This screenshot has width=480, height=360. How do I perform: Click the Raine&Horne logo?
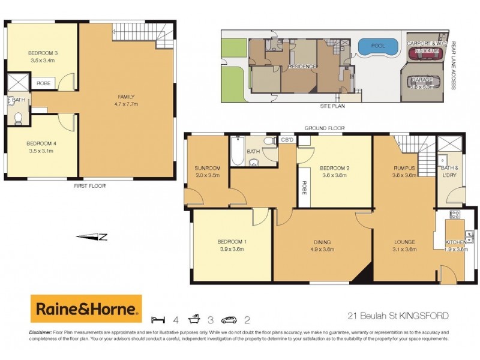(86, 309)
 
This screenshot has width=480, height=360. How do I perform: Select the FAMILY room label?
(126, 96)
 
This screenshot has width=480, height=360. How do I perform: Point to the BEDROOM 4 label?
(41, 143)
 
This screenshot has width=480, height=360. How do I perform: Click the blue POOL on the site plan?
(377, 46)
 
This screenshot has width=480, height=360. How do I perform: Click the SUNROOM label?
(207, 168)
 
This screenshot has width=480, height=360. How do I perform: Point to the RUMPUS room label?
(404, 168)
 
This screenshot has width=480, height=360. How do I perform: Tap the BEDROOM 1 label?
(232, 242)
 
